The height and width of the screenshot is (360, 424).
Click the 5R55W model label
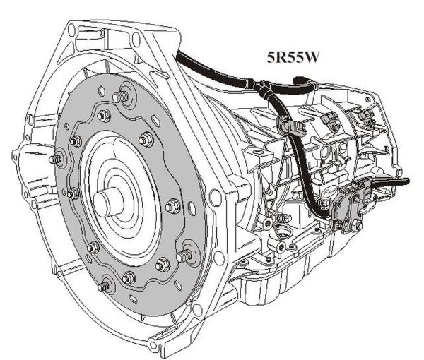click(293, 58)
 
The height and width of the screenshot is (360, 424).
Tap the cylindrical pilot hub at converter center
click(108, 202)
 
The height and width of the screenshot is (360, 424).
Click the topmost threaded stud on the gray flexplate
click(120, 96)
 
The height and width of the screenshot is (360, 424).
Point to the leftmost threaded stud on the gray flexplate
click(55, 159)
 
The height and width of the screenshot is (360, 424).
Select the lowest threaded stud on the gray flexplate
click(105, 286)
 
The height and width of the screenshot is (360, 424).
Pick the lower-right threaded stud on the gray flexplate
click(184, 255)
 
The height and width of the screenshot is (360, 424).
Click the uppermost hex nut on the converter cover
click(104, 115)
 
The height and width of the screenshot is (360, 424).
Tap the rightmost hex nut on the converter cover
click(172, 206)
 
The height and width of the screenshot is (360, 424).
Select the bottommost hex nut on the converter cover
click(129, 277)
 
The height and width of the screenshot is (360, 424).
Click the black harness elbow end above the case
click(299, 80)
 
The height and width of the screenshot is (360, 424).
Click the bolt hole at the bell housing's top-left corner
click(71, 28)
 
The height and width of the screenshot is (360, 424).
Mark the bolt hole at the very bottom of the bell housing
click(153, 345)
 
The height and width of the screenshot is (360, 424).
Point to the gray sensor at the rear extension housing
click(365, 116)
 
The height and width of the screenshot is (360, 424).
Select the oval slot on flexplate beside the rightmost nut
click(192, 208)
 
